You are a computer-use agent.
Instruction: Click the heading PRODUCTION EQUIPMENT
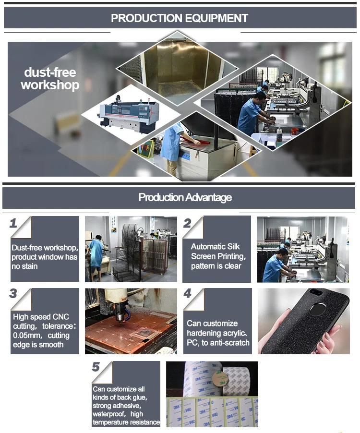(x=180, y=18)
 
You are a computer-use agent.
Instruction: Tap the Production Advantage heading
(x=185, y=197)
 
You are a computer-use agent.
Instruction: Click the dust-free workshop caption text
(x=50, y=79)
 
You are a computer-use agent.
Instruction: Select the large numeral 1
(x=13, y=223)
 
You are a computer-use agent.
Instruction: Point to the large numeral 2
(x=187, y=223)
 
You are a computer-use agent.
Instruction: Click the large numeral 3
(x=13, y=293)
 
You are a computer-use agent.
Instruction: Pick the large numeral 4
(x=188, y=293)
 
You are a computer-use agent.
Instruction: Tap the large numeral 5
(x=96, y=367)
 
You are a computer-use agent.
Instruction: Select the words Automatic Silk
(x=215, y=246)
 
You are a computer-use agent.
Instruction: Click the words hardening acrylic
(x=216, y=333)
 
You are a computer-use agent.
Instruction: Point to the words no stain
(x=24, y=266)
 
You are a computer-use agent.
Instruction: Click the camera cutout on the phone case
(x=314, y=291)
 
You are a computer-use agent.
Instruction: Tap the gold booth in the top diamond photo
(x=177, y=69)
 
